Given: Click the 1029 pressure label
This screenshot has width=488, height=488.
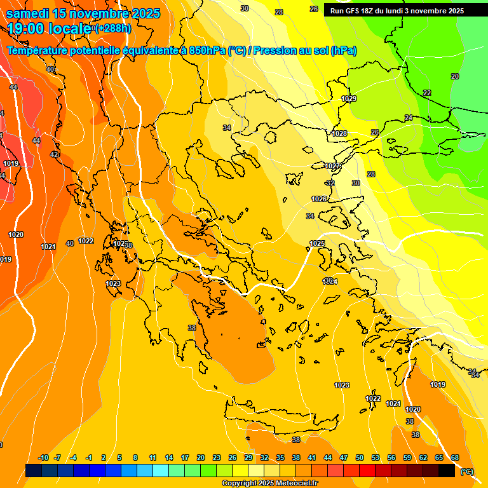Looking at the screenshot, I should (x=349, y=98).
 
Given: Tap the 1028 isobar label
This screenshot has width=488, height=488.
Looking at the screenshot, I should (x=339, y=133).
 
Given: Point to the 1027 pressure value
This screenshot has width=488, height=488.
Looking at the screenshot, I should (x=333, y=166).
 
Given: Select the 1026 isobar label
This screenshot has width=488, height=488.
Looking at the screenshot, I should (x=319, y=199).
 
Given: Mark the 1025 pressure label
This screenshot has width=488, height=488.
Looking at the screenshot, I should (x=317, y=243).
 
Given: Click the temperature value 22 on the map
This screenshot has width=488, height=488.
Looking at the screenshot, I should (x=426, y=93).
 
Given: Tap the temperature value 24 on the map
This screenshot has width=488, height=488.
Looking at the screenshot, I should (x=409, y=118).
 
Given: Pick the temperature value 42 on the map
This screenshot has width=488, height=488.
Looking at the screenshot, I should (x=54, y=154).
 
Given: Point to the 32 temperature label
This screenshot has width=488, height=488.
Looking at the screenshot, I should (x=330, y=183).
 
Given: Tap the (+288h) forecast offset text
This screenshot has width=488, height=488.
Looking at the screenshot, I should (x=112, y=29).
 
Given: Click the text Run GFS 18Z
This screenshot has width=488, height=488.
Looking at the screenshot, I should (x=352, y=11).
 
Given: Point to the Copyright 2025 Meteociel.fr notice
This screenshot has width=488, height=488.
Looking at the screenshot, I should (x=269, y=484).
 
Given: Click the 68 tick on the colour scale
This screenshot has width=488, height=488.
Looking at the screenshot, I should (x=454, y=457).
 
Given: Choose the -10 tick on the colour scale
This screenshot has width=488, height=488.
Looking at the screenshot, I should (x=43, y=457).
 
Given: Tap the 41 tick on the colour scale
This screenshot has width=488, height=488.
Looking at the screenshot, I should (x=312, y=457).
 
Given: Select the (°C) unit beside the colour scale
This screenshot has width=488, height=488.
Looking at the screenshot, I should (x=466, y=471).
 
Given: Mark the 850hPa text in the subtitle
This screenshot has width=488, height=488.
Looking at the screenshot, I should (x=207, y=51).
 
